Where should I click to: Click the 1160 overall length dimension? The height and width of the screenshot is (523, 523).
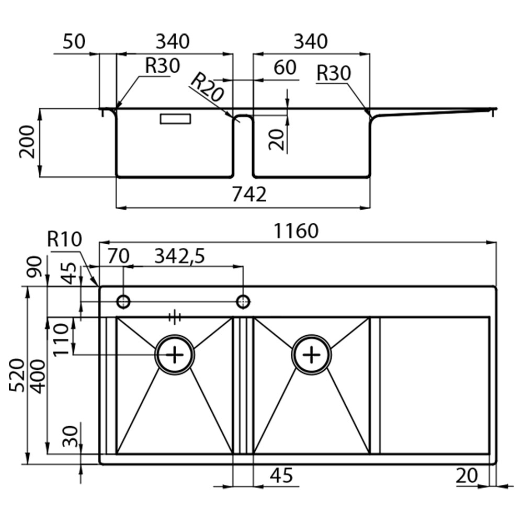(296, 231)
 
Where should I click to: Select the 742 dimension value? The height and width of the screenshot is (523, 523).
(249, 195)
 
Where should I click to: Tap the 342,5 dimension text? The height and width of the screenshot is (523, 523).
(180, 256)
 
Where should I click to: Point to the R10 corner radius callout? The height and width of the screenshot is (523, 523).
(64, 239)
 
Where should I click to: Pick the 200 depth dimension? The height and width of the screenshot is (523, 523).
(27, 142)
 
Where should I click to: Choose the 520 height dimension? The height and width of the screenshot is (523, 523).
(17, 375)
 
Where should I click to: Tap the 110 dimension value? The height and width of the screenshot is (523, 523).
(60, 340)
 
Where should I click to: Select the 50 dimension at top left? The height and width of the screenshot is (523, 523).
(74, 42)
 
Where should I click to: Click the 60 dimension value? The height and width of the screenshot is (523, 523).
(285, 67)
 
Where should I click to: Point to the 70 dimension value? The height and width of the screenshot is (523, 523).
(118, 256)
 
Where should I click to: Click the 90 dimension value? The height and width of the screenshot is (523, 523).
(35, 266)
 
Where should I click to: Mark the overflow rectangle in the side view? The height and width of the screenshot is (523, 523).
(176, 119)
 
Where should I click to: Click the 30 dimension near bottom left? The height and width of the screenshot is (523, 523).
(71, 436)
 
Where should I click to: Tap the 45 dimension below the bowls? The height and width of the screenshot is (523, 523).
(281, 475)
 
